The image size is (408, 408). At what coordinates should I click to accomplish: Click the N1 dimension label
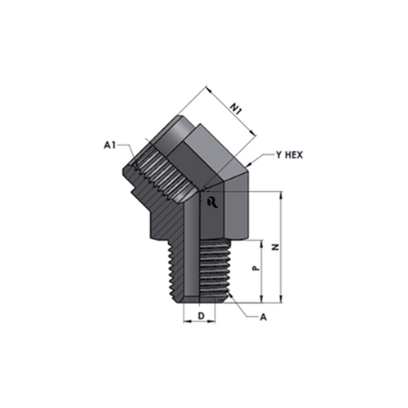point(236,109)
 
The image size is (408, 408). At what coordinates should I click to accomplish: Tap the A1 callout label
point(110,145)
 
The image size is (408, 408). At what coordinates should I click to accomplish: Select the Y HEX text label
point(289,155)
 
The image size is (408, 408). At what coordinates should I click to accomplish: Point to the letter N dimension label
point(277,247)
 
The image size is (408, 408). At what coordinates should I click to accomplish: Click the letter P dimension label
point(255,268)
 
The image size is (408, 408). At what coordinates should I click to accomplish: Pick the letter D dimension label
point(201,316)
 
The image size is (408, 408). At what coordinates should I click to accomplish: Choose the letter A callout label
point(264,317)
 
